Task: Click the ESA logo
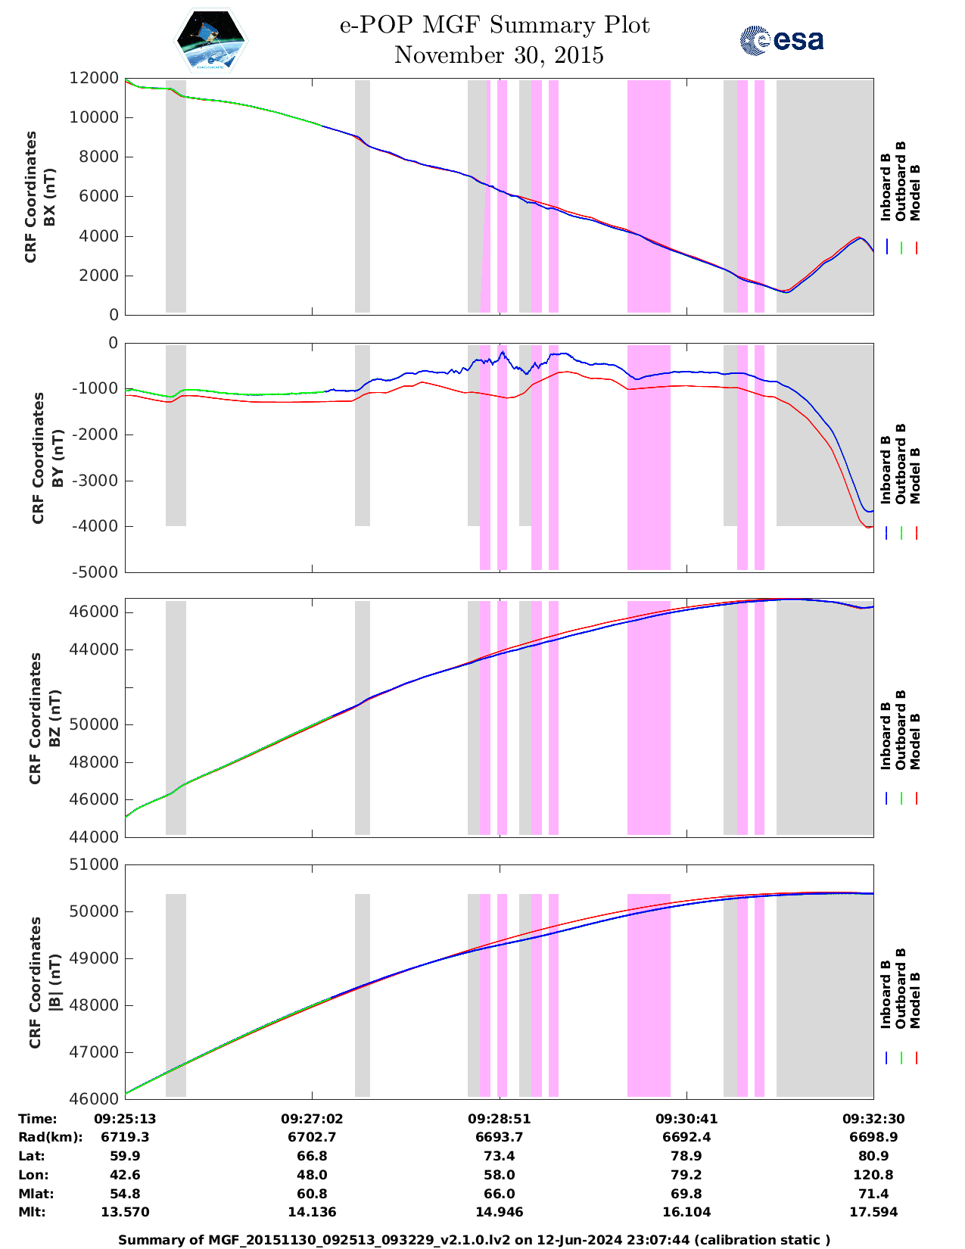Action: click(781, 40)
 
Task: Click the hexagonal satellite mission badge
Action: click(211, 41)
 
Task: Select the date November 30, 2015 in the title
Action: click(499, 55)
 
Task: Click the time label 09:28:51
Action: click(499, 1119)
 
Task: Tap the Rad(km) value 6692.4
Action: click(686, 1137)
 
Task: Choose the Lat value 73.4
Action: click(499, 1156)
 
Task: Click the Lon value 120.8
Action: click(873, 1175)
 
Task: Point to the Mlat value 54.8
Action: click(125, 1194)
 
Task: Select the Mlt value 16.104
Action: click(686, 1212)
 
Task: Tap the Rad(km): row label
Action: click(50, 1137)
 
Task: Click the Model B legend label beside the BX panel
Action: click(915, 192)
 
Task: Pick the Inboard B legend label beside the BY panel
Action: click(886, 471)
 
